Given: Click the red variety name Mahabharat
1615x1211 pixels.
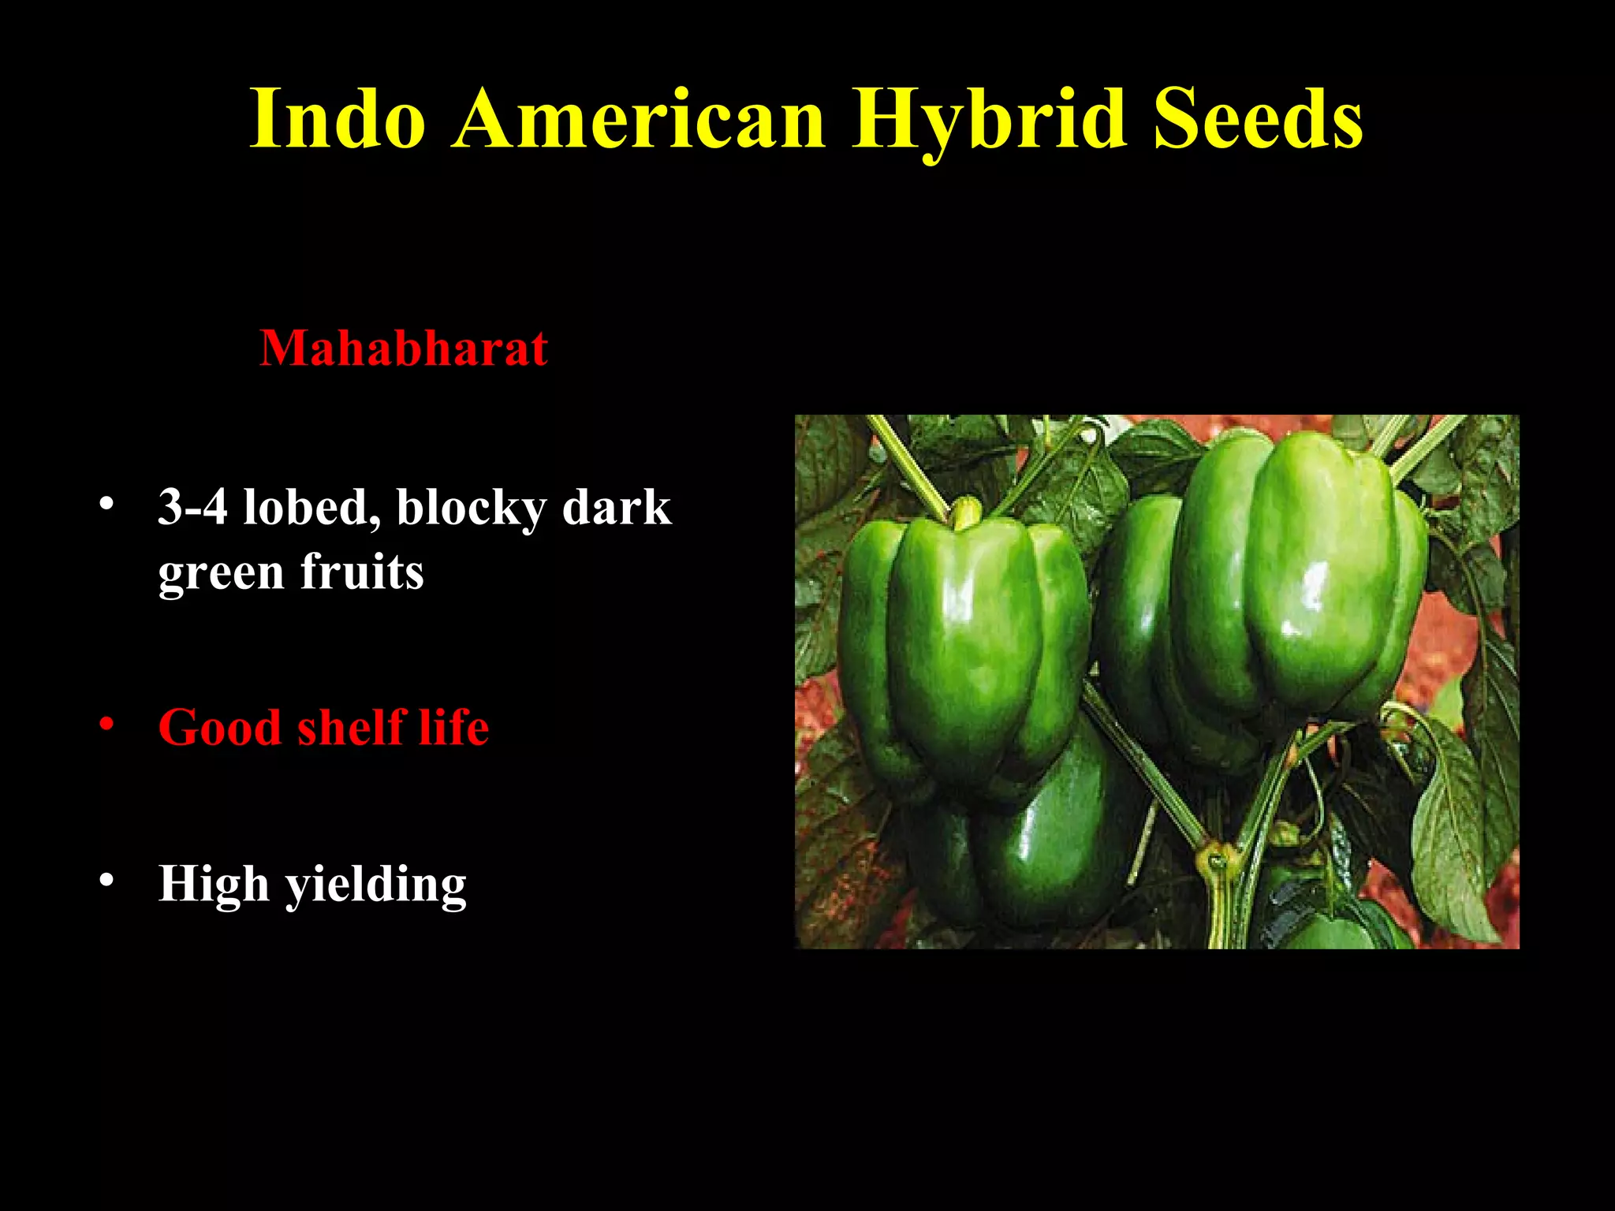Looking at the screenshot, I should coord(404,348).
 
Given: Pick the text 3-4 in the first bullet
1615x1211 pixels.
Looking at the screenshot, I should coord(192,506).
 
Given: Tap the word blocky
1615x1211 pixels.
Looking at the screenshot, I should coord(471,508).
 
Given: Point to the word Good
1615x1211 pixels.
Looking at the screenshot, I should coord(220,726).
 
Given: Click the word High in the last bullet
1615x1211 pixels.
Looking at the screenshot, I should coord(214,883).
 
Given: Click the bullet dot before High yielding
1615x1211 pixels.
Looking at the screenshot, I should coord(107,880).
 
